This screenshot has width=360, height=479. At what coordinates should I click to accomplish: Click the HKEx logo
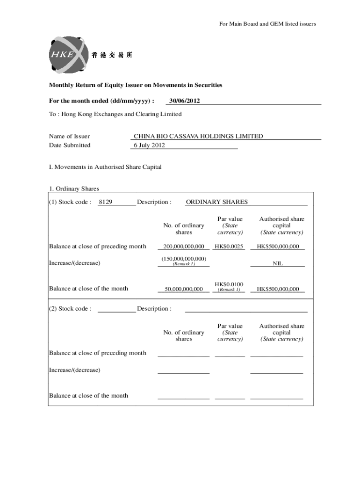tap(67, 55)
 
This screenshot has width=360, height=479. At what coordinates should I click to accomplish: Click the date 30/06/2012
tap(185, 101)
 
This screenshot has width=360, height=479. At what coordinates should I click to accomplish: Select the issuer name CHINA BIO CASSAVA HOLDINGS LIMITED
tap(198, 136)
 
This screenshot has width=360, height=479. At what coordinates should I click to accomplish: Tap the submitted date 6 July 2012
tap(149, 145)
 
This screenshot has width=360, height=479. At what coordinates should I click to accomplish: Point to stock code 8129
tap(106, 202)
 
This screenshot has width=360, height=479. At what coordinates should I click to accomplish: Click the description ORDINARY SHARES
tap(217, 202)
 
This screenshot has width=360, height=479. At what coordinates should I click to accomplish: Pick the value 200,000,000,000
tap(184, 247)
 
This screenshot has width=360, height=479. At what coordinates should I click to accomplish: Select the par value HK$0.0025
tap(229, 247)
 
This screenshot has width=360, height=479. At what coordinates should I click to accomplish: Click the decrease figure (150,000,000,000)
tap(184, 259)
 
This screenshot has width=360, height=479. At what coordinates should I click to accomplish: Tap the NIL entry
tap(278, 264)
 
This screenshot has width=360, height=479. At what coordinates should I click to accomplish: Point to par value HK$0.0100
tap(229, 284)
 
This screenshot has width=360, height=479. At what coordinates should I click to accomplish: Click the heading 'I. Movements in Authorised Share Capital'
tap(105, 167)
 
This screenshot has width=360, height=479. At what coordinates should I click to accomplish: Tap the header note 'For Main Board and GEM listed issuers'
tap(267, 24)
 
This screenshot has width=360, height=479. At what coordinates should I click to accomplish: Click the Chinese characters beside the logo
tap(112, 55)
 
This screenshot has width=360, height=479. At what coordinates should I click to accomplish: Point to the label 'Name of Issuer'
tap(69, 136)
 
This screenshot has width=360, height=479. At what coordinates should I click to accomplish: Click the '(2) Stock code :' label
tap(70, 309)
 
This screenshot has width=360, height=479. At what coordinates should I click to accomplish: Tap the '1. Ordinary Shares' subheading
tap(74, 189)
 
